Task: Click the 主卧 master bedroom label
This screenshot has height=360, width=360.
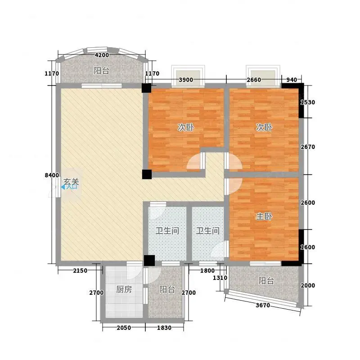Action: [x=264, y=216]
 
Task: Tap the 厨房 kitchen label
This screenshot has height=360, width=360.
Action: [x=124, y=289]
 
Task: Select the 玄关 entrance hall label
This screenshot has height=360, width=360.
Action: [x=71, y=182]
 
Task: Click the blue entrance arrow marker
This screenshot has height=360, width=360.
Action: [x=63, y=187]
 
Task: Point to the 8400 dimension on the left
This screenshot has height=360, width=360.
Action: [x=52, y=175]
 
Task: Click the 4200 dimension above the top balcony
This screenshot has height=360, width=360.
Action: [x=102, y=55]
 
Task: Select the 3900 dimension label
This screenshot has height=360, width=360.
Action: [x=186, y=80]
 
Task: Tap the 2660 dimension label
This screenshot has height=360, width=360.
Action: [x=254, y=80]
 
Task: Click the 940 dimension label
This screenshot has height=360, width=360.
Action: [x=292, y=80]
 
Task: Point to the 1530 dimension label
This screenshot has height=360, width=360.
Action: [x=308, y=102]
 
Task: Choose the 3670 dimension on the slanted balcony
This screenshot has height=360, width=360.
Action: [x=263, y=306]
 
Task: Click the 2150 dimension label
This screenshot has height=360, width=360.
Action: [x=80, y=271]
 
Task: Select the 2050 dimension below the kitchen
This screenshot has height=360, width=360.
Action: [x=124, y=328]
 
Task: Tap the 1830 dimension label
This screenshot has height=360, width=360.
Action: [x=164, y=328]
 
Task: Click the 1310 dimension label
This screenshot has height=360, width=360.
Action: [x=220, y=278]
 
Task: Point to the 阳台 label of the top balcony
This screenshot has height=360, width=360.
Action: [x=101, y=71]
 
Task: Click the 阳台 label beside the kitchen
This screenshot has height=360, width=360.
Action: [x=167, y=289]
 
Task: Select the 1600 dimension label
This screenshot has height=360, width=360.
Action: [x=308, y=247]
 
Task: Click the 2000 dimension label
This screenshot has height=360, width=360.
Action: [x=308, y=285]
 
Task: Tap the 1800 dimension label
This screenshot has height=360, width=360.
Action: [x=207, y=271]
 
